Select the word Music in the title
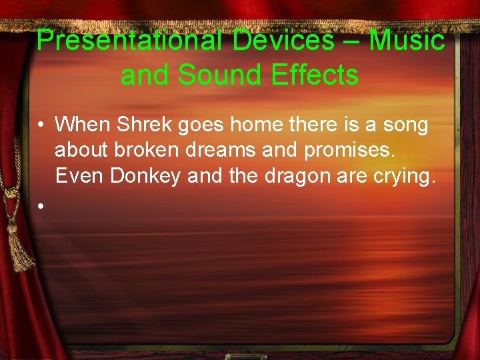[407, 41]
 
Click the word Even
[78, 177]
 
